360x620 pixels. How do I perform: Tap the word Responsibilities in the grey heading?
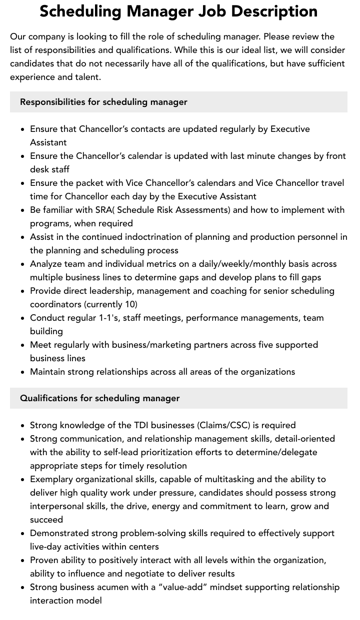coord(52,102)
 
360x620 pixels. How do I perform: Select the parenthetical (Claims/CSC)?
coord(224,425)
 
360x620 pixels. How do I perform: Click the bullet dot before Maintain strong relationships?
coord(23,372)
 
